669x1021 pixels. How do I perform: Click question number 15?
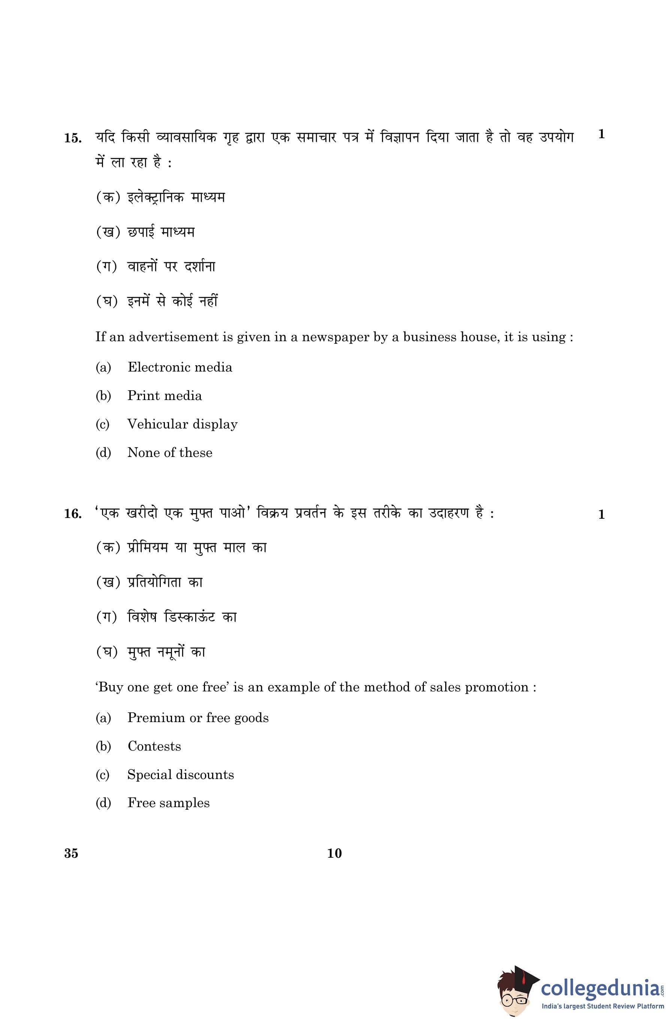click(73, 139)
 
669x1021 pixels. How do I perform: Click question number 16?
click(73, 513)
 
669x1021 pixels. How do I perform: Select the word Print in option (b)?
click(144, 396)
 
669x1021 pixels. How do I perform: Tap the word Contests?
click(154, 746)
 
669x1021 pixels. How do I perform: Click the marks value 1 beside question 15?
click(601, 134)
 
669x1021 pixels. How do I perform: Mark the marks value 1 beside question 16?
click(601, 514)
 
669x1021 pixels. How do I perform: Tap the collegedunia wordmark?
click(600, 988)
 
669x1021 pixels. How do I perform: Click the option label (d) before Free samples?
click(103, 803)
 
